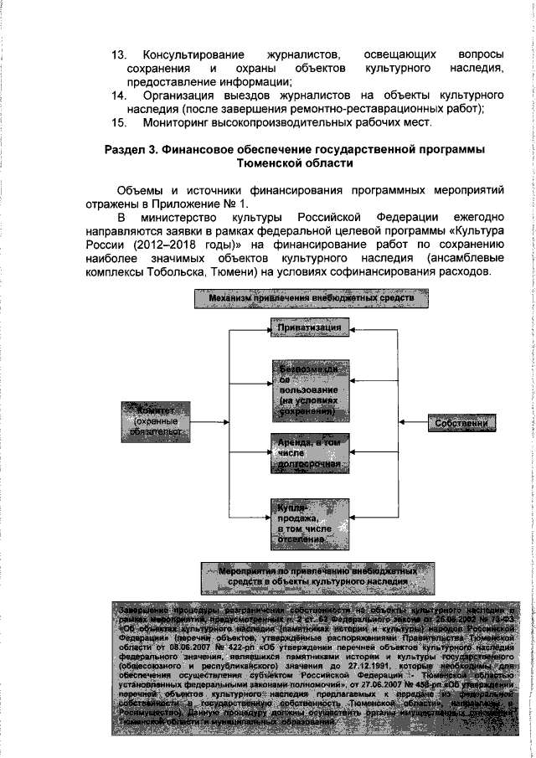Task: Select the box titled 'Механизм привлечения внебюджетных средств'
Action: click(312, 297)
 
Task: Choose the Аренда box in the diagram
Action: click(309, 451)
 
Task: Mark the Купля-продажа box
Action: click(309, 522)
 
